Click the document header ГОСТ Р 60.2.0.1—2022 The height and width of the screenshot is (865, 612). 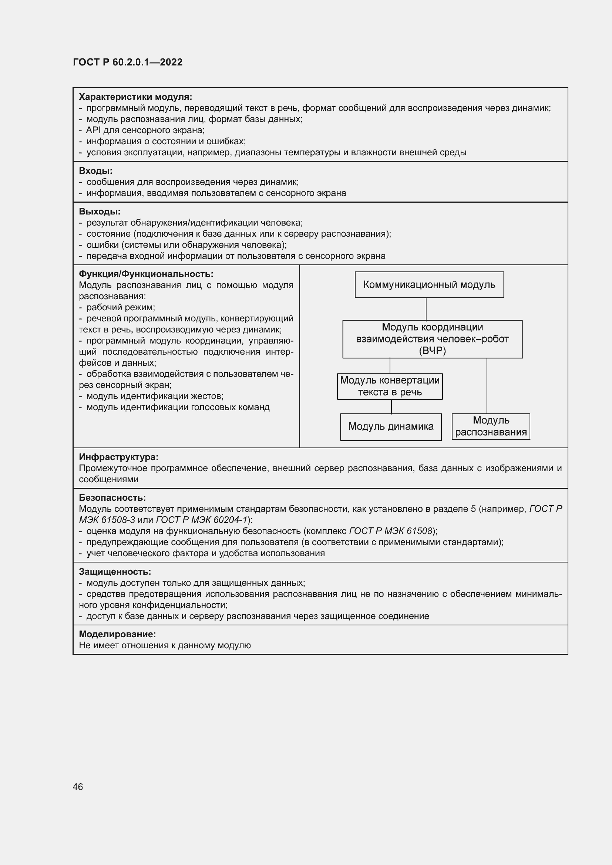click(x=128, y=62)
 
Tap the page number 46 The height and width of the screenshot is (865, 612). click(x=78, y=787)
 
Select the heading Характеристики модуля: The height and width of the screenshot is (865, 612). click(x=135, y=97)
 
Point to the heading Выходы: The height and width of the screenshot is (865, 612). click(x=100, y=212)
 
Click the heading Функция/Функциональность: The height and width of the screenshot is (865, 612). click(x=146, y=274)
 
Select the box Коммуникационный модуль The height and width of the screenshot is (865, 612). click(x=429, y=285)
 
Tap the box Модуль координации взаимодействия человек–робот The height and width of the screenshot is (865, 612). click(x=432, y=339)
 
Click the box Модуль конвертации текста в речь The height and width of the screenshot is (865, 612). click(x=390, y=386)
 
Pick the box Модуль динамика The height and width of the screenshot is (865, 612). click(x=390, y=426)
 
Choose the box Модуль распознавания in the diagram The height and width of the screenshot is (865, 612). click(x=491, y=426)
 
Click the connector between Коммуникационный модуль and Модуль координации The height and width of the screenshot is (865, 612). click(x=426, y=309)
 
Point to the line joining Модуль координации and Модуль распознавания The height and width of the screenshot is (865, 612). click(x=487, y=386)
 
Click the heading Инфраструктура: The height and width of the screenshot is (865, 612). click(x=118, y=457)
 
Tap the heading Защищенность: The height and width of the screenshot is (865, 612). click(x=115, y=571)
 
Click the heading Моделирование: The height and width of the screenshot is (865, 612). click(x=117, y=634)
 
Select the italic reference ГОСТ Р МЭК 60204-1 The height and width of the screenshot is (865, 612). click(x=201, y=520)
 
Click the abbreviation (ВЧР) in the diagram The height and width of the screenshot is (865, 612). click(x=432, y=351)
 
